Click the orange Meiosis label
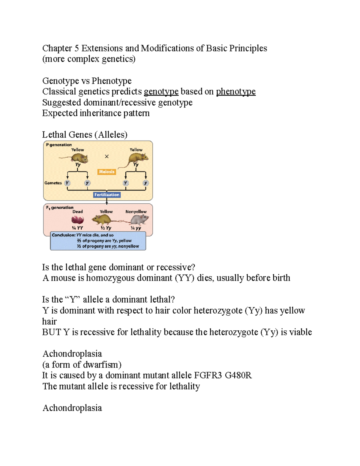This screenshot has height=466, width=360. (106, 172)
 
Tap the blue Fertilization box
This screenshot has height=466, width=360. (107, 195)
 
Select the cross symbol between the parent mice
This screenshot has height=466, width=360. (106, 156)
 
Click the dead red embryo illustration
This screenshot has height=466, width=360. (78, 220)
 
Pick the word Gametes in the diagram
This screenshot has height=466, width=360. (53, 183)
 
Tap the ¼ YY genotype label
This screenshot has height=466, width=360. (77, 228)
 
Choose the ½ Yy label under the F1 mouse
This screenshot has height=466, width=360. (106, 228)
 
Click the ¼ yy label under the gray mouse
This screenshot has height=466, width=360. (136, 228)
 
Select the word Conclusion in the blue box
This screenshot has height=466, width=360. (63, 235)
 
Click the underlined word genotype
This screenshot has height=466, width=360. (161, 92)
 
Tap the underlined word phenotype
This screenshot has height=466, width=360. (236, 92)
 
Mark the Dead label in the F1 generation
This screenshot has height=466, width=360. (77, 212)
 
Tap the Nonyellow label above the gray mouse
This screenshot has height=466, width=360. (136, 212)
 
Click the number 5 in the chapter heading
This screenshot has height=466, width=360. (76, 48)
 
